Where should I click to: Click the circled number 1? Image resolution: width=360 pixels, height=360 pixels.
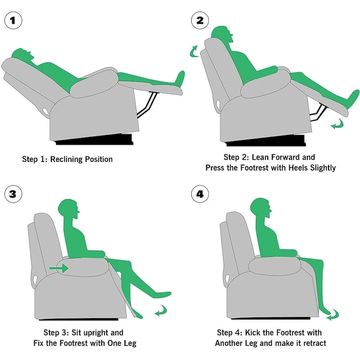[x=13, y=20]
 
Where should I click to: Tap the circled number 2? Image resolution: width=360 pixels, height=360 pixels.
[x=200, y=20]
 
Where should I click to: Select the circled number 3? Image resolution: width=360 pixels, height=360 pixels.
[x=13, y=194]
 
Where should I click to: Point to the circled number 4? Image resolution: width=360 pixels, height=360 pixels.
[x=200, y=194]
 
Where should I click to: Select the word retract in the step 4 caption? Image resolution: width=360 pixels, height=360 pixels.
[x=315, y=343]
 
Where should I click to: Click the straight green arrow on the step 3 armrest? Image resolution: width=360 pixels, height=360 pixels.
[x=59, y=268]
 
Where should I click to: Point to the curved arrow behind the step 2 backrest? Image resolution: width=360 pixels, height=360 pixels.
[x=193, y=51]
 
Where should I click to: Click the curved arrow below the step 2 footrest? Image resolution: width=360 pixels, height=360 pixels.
[x=337, y=125]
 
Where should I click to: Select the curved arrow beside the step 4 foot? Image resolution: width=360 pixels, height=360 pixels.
[x=333, y=315]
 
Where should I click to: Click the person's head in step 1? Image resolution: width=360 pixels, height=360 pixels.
[x=22, y=54]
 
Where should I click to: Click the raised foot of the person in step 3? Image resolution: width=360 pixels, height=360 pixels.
[x=162, y=295]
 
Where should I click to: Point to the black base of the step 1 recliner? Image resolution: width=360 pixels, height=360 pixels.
[x=94, y=140]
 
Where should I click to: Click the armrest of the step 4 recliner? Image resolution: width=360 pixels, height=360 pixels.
[x=274, y=266]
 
